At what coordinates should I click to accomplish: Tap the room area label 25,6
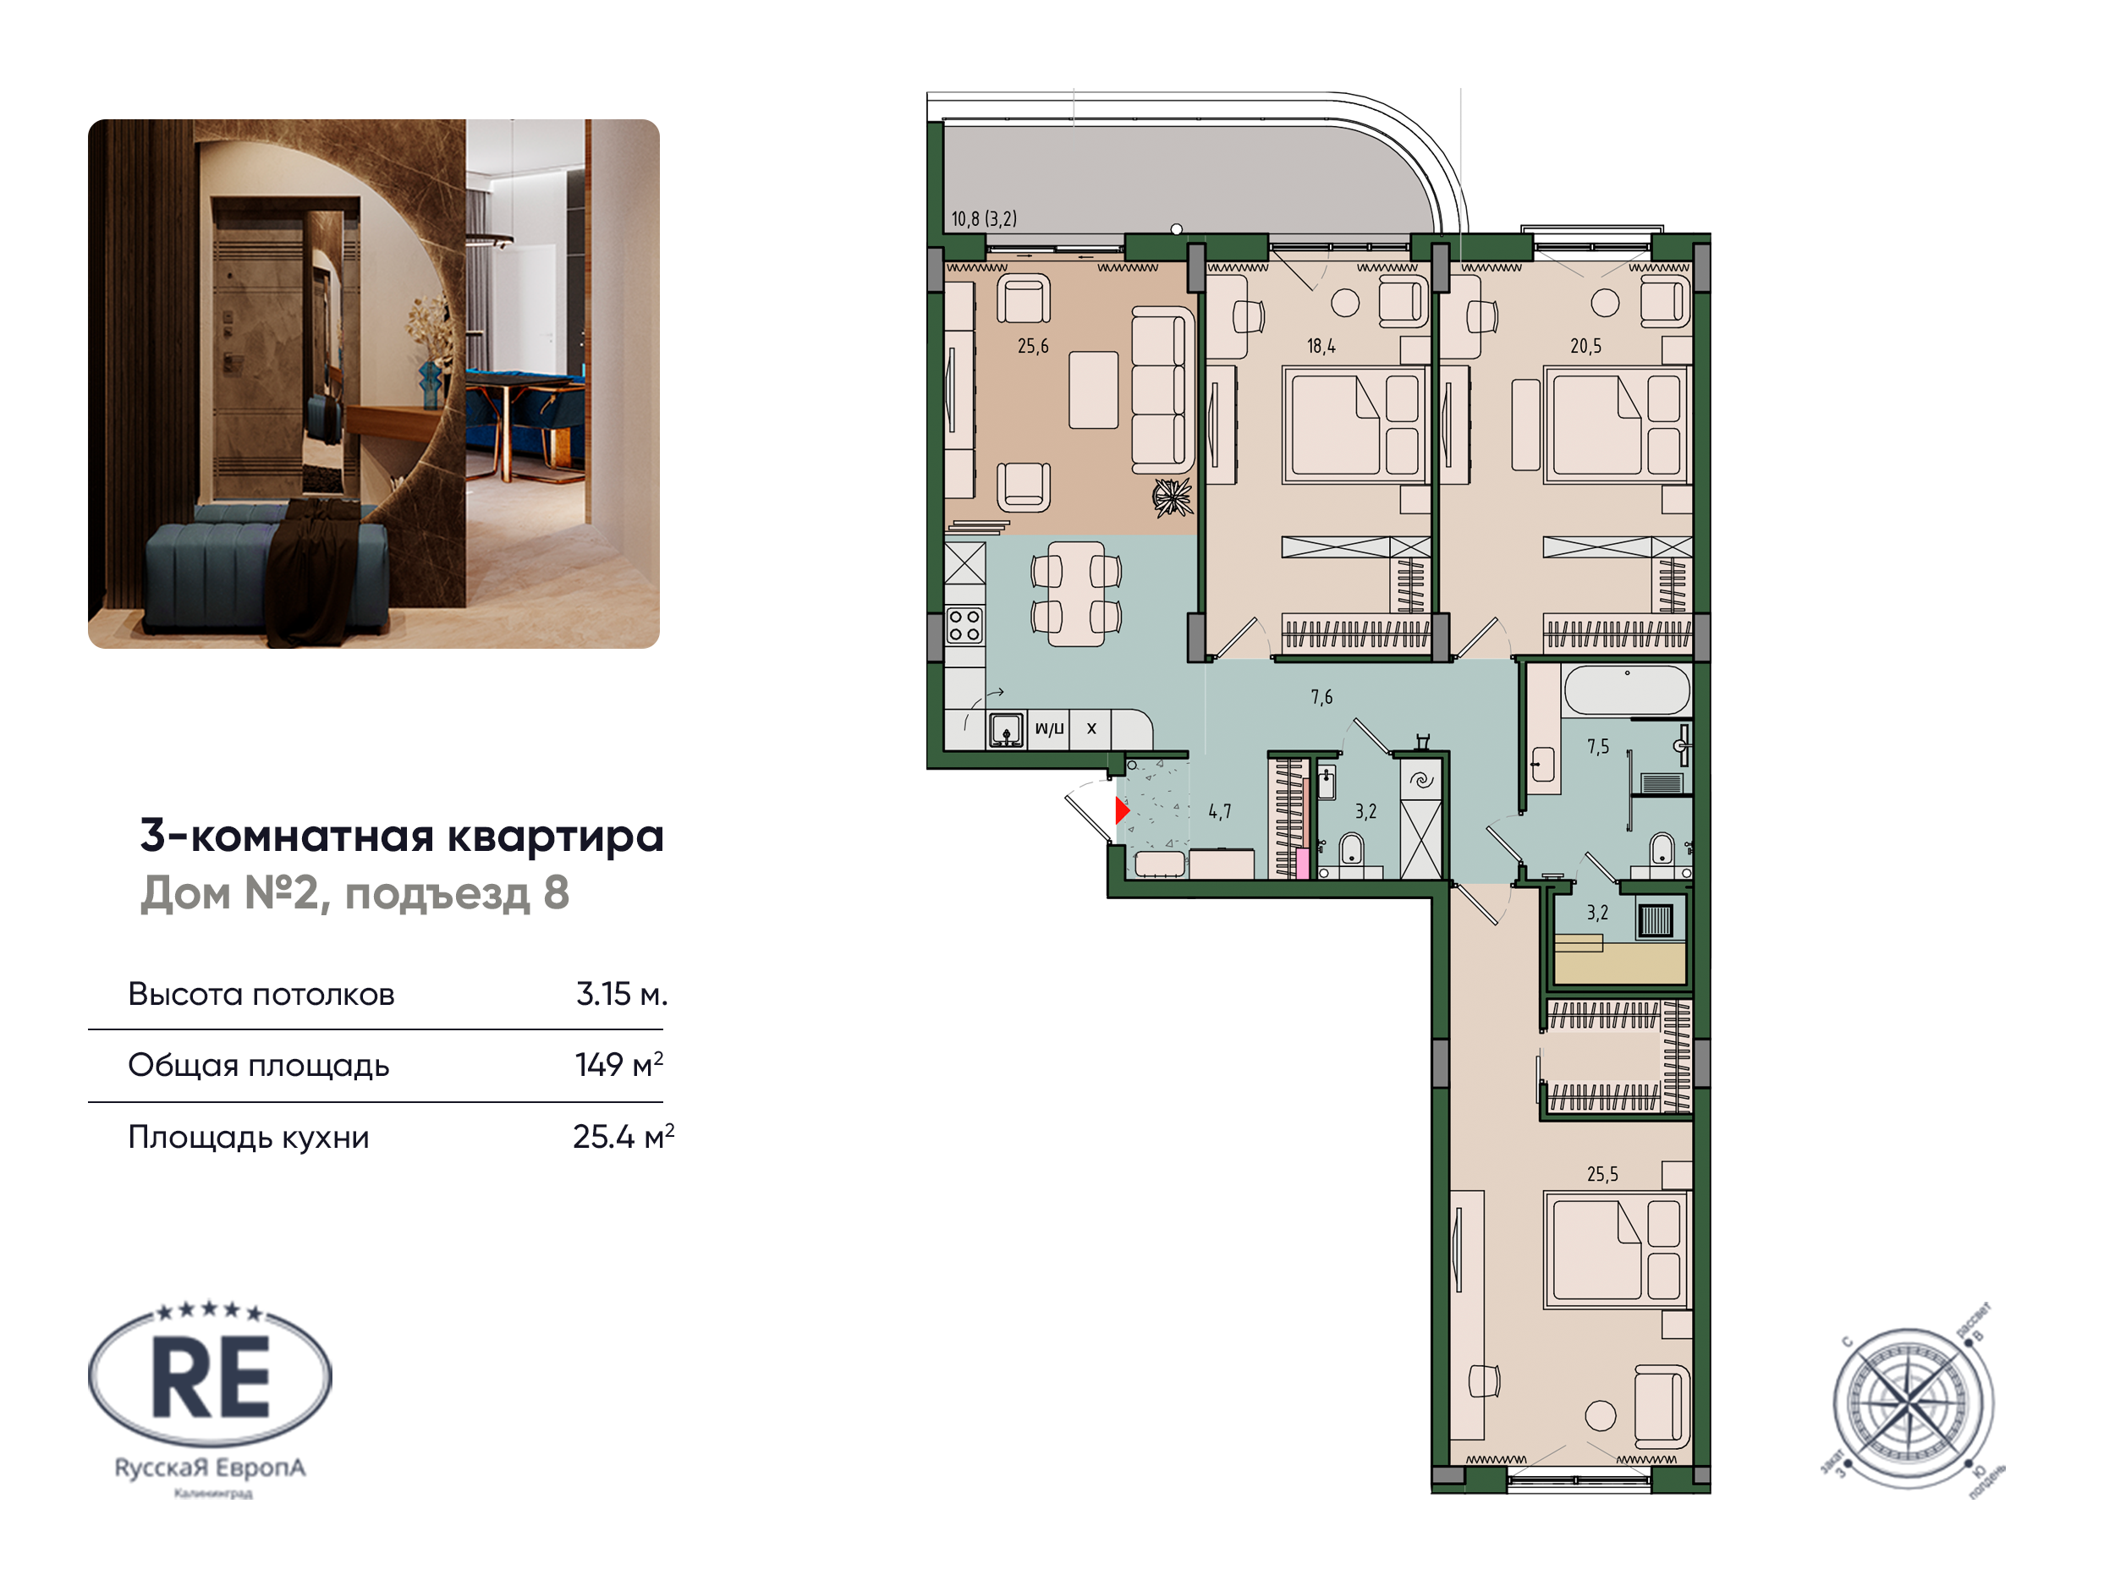tap(1033, 346)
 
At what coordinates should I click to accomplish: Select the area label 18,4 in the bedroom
tap(1321, 346)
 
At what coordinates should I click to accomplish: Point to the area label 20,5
tap(1585, 346)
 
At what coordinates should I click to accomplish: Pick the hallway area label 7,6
tap(1321, 697)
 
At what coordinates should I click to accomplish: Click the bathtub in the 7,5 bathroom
tap(1626, 689)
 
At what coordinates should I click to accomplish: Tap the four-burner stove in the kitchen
tap(964, 626)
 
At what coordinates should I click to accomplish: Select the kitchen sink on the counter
tap(1005, 730)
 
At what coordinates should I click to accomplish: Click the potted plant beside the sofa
tap(1173, 497)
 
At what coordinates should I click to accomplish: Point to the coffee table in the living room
tap(1093, 390)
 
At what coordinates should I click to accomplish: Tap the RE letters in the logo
tap(211, 1378)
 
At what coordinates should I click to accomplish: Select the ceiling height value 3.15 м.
tap(620, 994)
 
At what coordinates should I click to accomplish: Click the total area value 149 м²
tap(618, 1065)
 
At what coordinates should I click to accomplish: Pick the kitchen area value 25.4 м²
tap(623, 1137)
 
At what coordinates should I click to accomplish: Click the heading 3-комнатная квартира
tap(402, 836)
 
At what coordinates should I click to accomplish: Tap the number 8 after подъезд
tap(556, 893)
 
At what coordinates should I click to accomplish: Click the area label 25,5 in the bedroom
tap(1602, 1174)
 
